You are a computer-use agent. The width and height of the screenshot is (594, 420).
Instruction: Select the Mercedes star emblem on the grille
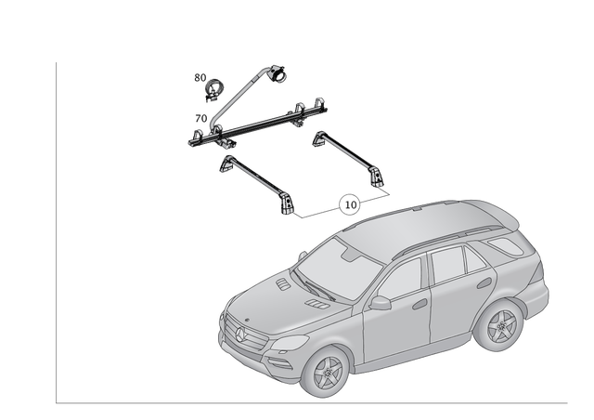pyautogui.click(x=239, y=332)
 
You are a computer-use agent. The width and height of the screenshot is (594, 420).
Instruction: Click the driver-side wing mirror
pyautogui.click(x=380, y=303)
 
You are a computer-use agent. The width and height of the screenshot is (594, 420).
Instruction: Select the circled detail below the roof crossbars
pyautogui.click(x=350, y=202)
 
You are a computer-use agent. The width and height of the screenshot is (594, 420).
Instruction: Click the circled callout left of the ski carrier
pyautogui.click(x=212, y=87)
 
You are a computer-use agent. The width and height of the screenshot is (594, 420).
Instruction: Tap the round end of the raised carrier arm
pyautogui.click(x=277, y=71)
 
